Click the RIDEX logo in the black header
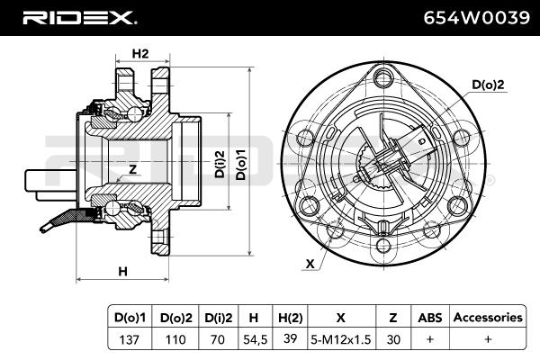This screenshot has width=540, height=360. pos(79,18)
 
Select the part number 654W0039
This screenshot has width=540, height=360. pos(476,18)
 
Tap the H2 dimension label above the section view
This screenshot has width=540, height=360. pos(140,54)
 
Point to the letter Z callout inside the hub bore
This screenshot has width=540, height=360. pos(132,169)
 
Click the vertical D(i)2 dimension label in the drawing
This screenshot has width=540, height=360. pos(220,164)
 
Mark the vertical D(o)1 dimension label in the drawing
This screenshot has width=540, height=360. pos(240,165)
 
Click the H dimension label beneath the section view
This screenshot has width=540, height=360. pos(123,272)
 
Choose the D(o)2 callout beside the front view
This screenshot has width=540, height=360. pos(488,85)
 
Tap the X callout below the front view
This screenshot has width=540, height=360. pos(310,264)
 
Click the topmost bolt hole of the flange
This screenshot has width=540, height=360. pos(383,78)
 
